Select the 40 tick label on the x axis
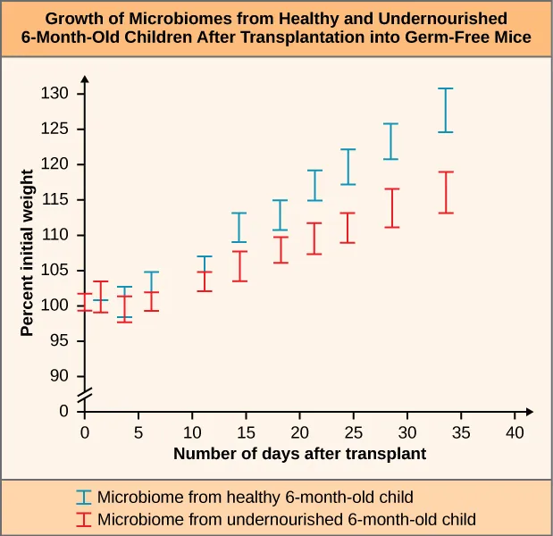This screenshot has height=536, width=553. (515, 432)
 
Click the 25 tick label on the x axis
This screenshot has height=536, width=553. (353, 432)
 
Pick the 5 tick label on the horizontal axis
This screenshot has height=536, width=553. (138, 432)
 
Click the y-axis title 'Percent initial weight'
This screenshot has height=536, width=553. (27, 254)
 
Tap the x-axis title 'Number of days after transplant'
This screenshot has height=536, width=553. (299, 454)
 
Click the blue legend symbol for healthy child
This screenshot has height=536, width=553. (84, 497)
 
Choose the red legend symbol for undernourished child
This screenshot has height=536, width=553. (84, 518)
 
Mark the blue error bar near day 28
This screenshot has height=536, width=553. (390, 141)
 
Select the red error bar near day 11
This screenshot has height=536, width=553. (204, 281)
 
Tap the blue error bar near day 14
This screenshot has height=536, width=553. (239, 227)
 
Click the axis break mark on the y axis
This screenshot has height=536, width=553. (85, 394)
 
